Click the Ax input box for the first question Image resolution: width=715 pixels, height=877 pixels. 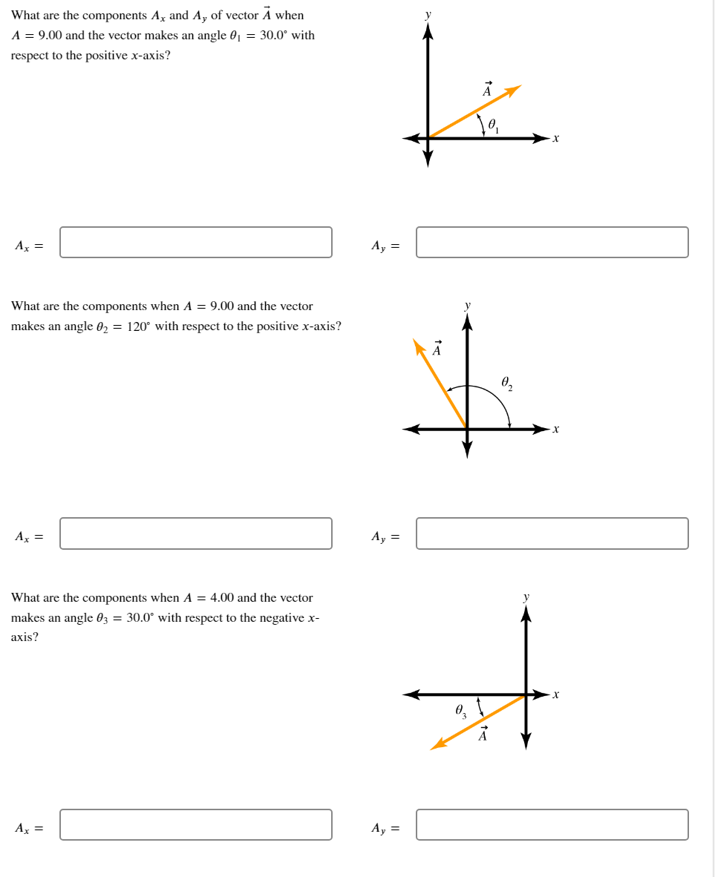[x=196, y=243]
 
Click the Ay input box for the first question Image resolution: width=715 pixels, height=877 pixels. [x=552, y=243]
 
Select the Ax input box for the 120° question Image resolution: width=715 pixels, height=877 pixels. [x=196, y=533]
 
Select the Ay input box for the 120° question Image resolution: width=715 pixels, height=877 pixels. [x=552, y=533]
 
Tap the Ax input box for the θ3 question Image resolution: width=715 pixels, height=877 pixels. [x=196, y=824]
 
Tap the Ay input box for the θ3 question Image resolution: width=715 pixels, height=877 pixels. [x=552, y=824]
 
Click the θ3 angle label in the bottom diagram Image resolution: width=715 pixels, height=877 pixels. [x=460, y=712]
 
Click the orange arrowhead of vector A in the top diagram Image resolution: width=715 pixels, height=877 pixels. [x=514, y=90]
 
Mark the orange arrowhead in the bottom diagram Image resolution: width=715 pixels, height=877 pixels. [x=438, y=744]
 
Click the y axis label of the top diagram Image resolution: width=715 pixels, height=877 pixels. [x=428, y=14]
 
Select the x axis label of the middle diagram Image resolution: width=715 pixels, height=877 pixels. [x=556, y=429]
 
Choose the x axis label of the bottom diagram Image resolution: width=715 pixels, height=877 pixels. [x=556, y=695]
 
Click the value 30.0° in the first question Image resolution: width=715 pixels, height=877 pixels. [x=274, y=35]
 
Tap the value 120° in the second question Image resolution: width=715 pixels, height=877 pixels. [x=139, y=326]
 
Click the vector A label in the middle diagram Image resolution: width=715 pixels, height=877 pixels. [x=437, y=349]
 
